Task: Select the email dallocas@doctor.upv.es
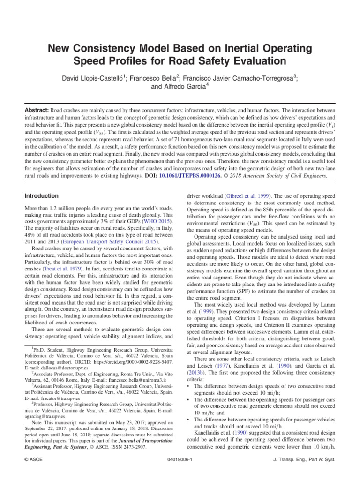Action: click(x=58, y=368)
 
